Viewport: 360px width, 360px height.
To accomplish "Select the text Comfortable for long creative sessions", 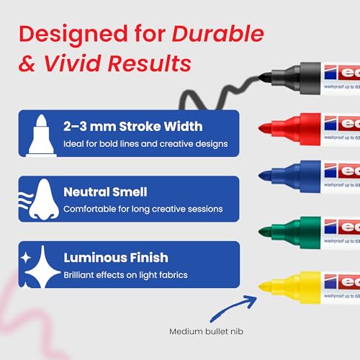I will [143, 210].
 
